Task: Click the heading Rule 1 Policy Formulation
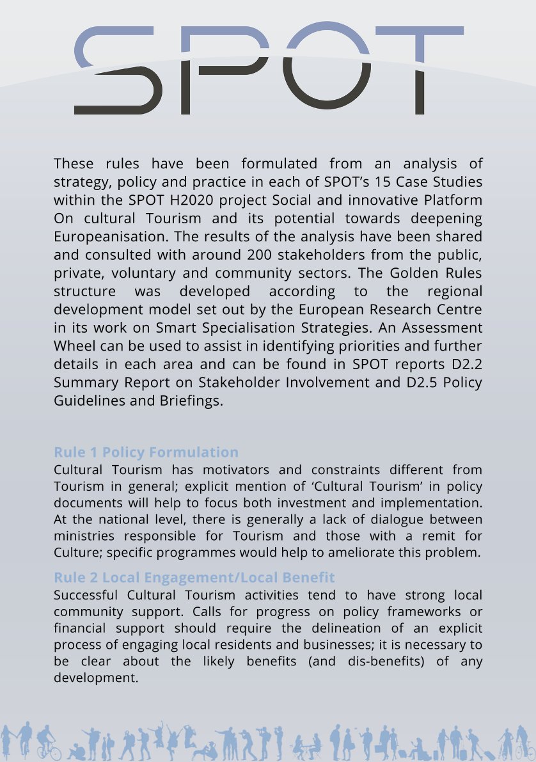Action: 146,452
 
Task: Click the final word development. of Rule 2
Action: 96,677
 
